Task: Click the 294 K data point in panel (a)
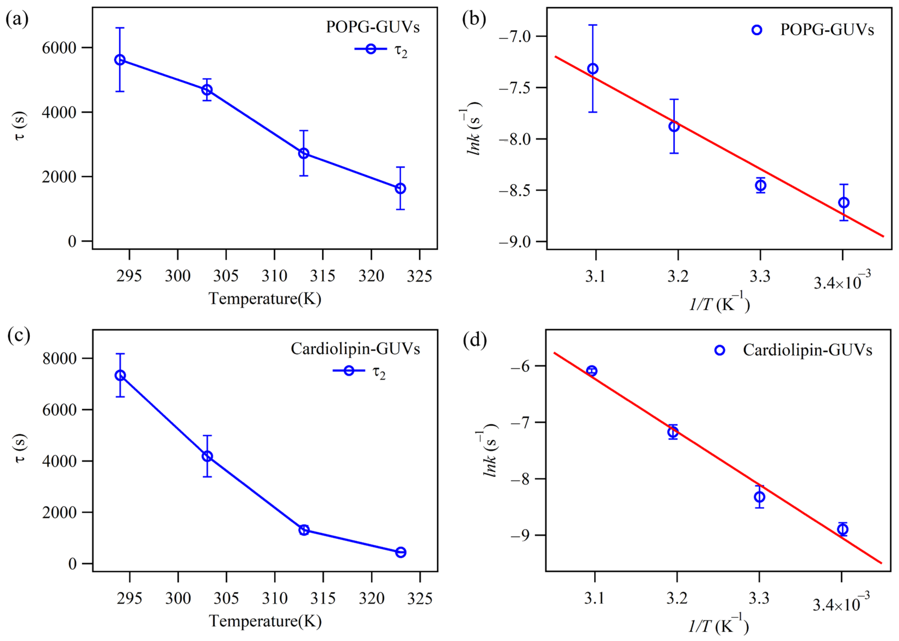click(120, 60)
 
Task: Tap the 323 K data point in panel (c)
click(401, 552)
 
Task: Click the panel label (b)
click(474, 19)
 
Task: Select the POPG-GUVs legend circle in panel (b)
click(756, 30)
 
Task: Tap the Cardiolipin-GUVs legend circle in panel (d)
click(719, 350)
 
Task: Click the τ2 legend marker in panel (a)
click(370, 49)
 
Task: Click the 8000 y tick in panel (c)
click(59, 358)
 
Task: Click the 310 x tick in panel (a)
click(274, 275)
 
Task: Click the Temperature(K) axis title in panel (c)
click(265, 621)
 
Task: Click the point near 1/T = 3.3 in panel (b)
click(760, 185)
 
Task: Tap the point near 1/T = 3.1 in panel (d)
click(591, 371)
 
